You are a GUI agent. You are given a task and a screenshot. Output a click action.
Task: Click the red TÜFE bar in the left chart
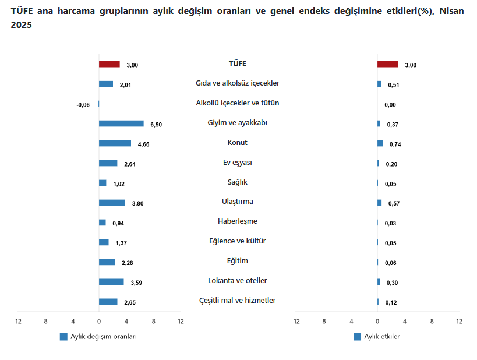[109, 64]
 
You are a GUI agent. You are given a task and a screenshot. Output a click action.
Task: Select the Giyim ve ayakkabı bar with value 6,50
[121, 123]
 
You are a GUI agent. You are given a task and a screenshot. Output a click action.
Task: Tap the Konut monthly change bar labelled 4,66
[115, 143]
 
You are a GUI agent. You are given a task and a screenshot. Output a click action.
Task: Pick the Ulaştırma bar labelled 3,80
[112, 203]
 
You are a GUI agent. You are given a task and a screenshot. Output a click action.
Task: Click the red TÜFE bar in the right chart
[388, 64]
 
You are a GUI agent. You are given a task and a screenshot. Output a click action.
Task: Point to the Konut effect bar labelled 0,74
[380, 143]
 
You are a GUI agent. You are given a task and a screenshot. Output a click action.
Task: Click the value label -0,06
[83, 105]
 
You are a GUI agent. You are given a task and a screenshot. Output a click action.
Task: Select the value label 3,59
[136, 283]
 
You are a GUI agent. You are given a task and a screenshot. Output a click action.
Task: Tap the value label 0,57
[393, 204]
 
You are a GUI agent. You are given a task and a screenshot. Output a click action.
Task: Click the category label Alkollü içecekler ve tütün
[238, 103]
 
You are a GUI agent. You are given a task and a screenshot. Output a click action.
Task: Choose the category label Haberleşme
[238, 221]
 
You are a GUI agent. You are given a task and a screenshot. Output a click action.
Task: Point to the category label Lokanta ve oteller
[238, 281]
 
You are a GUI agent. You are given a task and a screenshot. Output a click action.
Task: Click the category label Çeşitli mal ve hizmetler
[238, 301]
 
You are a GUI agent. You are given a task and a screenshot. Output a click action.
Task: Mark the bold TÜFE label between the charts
[238, 63]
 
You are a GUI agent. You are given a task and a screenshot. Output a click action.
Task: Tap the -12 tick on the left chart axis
[17, 322]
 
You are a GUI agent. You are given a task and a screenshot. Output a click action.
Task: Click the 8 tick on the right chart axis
[432, 322]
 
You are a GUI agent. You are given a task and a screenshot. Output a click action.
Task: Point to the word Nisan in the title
[451, 12]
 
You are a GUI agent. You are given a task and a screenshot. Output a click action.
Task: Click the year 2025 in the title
[22, 26]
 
